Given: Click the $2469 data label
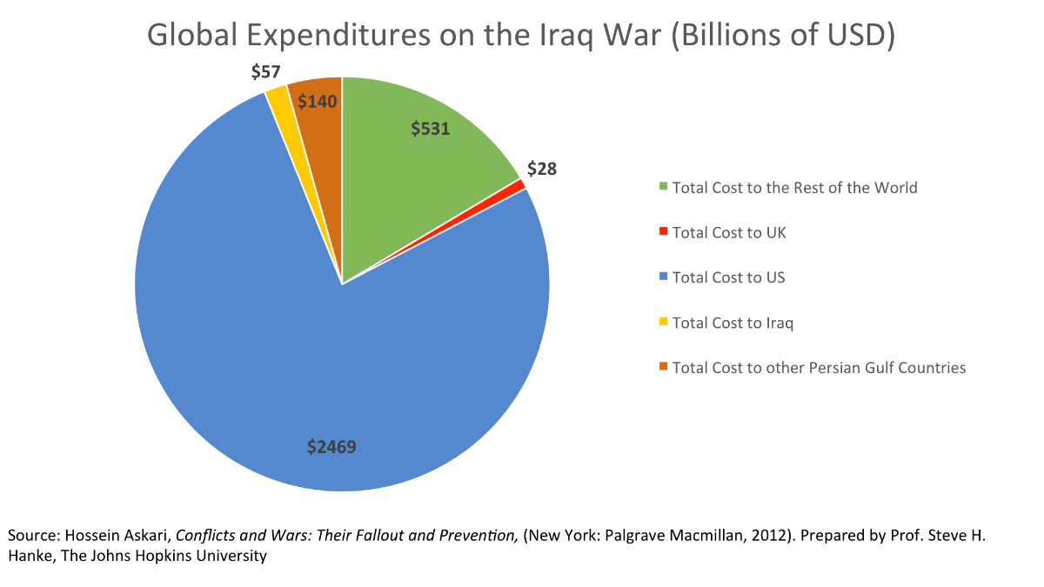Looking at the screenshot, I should (331, 447).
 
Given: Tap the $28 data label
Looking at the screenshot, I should (542, 169).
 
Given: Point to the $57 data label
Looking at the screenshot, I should (265, 72).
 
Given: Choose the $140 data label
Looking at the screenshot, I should (317, 101).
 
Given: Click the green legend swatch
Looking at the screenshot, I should (664, 187).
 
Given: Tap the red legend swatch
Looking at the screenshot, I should (664, 232).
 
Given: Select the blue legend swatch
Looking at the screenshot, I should (664, 277).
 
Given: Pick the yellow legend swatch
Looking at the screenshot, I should (664, 323).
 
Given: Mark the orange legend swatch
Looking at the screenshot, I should (664, 368).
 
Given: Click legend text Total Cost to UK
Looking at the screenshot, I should (729, 232).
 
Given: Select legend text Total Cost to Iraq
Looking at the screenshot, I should (733, 323).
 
